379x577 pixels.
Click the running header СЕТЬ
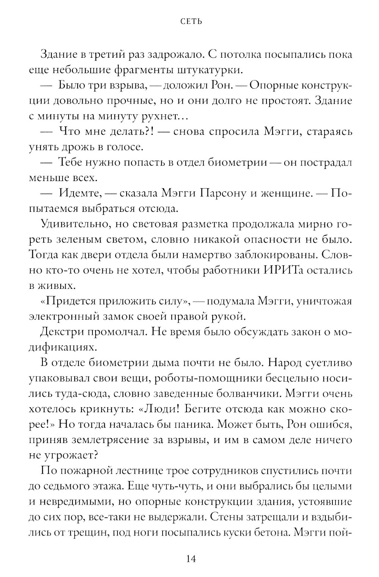point(191,22)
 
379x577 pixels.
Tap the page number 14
point(191,559)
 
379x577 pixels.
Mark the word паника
point(199,425)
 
